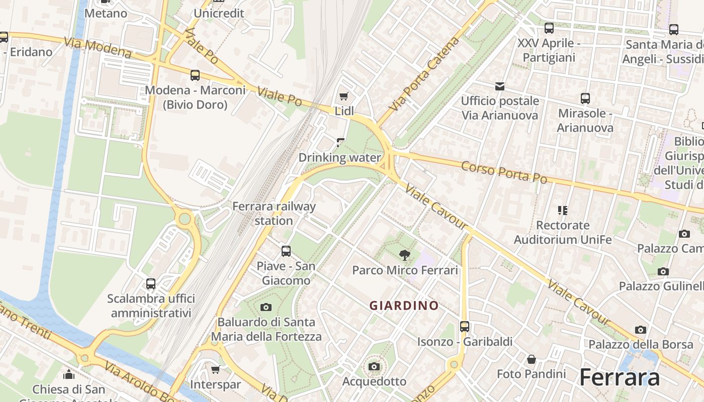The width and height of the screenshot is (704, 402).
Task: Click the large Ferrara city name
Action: point(619,377)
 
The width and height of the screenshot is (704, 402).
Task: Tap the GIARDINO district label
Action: point(404,306)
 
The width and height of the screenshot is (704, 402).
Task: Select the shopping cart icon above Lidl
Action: point(344,96)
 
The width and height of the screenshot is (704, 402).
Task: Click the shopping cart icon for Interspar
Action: point(216,370)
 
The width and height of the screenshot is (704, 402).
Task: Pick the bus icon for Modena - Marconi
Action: point(195,75)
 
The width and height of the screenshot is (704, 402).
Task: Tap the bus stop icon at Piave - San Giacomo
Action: point(286,251)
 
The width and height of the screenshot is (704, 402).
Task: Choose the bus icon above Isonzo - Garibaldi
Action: point(465,327)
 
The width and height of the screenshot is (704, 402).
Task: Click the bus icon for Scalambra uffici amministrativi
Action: point(151,283)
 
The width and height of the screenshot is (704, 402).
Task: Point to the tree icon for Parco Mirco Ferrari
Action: point(404,255)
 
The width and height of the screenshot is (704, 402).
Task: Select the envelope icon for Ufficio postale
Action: point(500,86)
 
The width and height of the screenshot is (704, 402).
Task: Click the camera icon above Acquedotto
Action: point(374,366)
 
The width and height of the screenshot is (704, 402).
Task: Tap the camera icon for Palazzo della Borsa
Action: point(640,330)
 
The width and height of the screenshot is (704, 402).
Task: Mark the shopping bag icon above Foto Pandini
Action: point(531,359)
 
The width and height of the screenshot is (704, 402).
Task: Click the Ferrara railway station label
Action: point(274,214)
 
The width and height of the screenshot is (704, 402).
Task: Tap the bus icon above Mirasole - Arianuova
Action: point(585,98)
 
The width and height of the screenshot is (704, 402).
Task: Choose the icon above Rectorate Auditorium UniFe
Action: point(562,210)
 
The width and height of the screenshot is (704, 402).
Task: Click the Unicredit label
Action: point(219,13)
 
